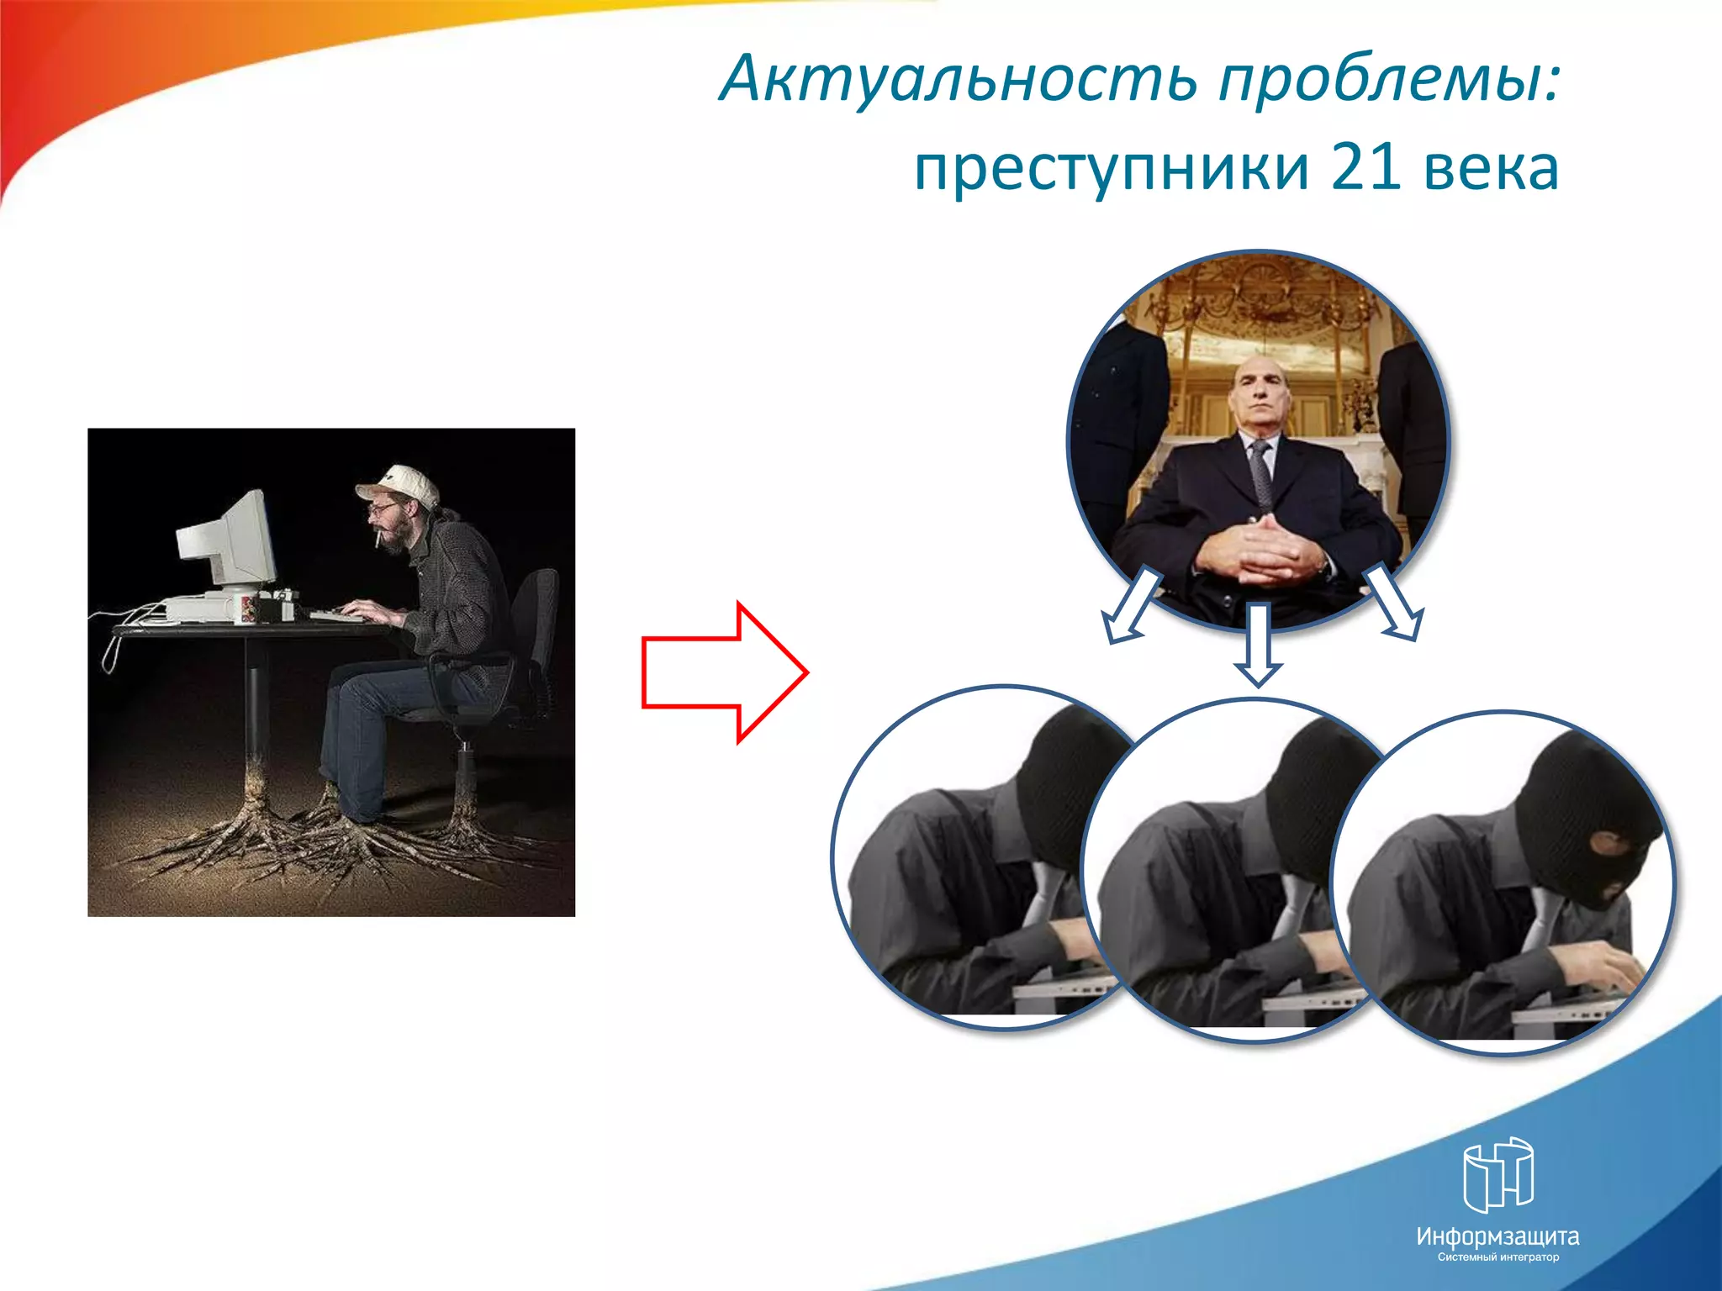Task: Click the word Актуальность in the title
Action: tap(959, 78)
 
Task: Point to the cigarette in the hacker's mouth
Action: tap(379, 539)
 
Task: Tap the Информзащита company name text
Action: tap(1498, 1236)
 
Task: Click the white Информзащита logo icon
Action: tap(1498, 1173)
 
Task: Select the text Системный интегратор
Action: tap(1498, 1257)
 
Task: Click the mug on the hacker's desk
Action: tap(247, 608)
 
